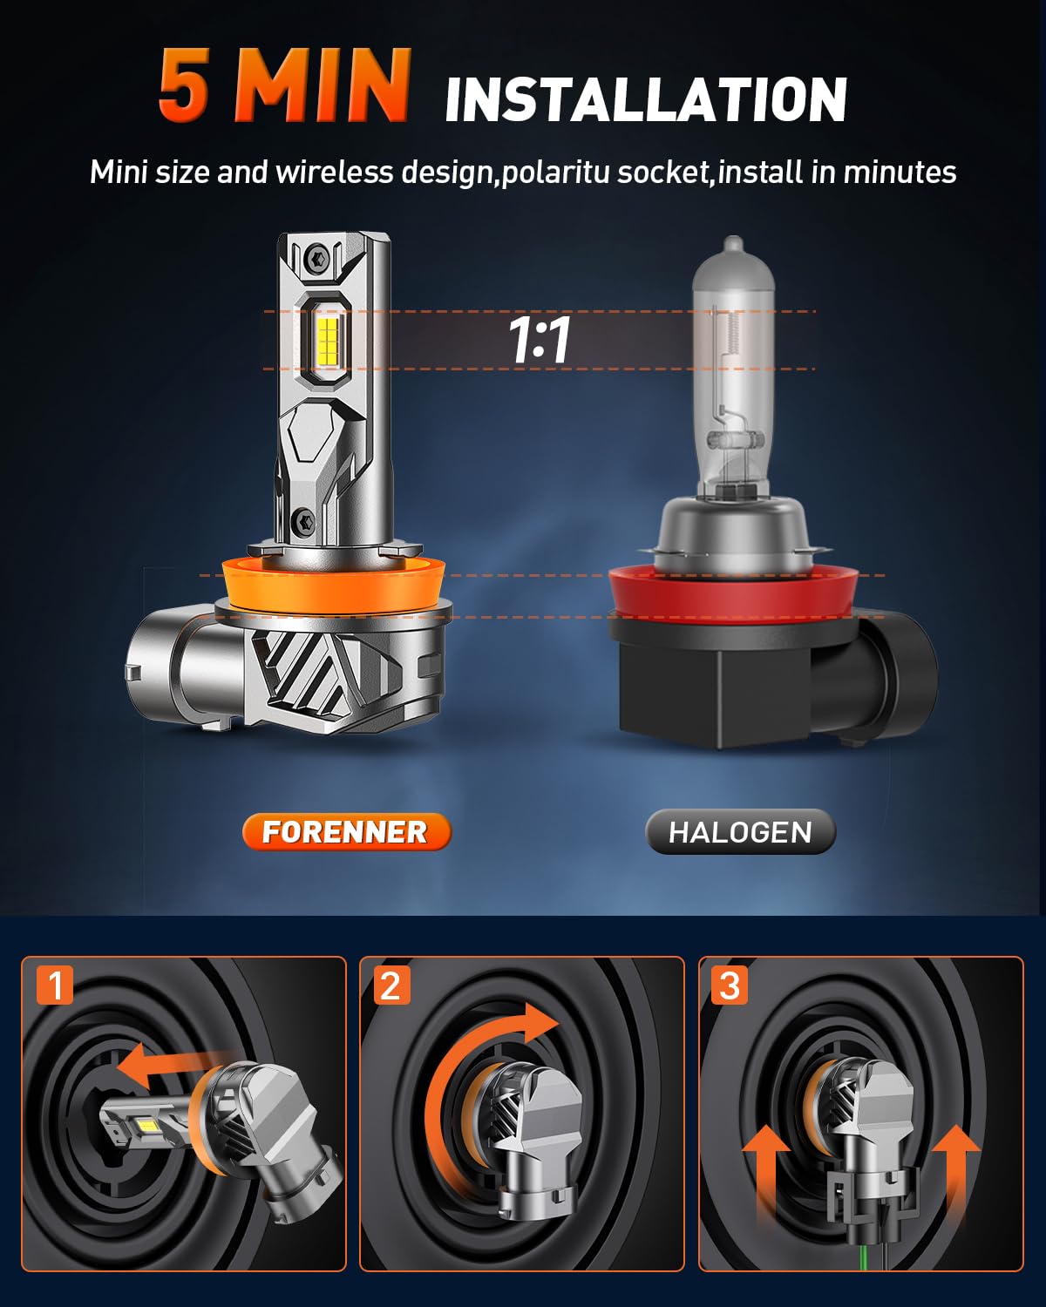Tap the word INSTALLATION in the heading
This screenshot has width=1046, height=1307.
point(646,100)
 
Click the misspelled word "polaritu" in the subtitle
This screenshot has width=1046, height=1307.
point(557,173)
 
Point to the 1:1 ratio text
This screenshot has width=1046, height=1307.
point(540,340)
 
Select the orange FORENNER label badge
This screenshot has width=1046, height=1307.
point(346,831)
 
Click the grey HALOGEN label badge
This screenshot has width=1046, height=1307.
point(740,832)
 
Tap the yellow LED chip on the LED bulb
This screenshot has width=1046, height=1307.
point(326,342)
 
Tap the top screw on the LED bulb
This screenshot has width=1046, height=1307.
point(316,258)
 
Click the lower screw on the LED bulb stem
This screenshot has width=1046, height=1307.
point(304,522)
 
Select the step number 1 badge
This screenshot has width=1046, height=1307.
point(55,985)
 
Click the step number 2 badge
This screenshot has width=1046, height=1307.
point(391,985)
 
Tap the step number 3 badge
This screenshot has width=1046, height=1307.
point(730,985)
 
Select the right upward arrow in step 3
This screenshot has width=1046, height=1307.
point(956,1172)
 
